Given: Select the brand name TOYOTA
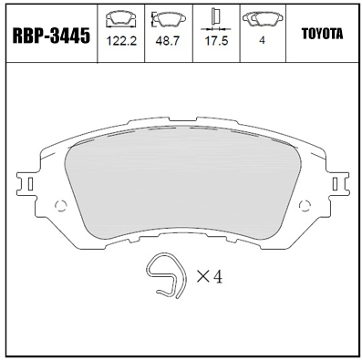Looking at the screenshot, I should (321, 34).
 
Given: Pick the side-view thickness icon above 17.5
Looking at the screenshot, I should (216, 15).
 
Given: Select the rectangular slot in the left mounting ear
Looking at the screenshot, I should (30, 183).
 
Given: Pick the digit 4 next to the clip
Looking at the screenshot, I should (217, 275).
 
